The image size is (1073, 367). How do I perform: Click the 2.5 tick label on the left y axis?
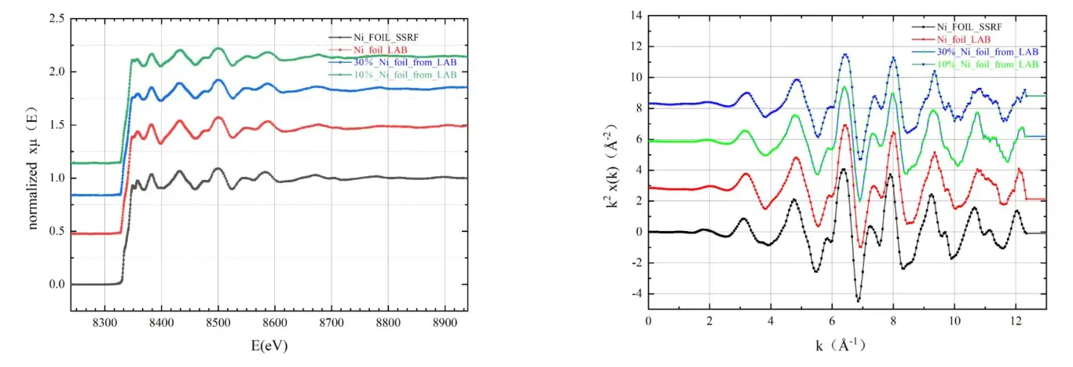57,18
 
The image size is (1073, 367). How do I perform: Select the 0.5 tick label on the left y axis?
57,231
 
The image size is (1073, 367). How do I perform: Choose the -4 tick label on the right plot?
635,294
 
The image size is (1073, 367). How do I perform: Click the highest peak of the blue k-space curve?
845,54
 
